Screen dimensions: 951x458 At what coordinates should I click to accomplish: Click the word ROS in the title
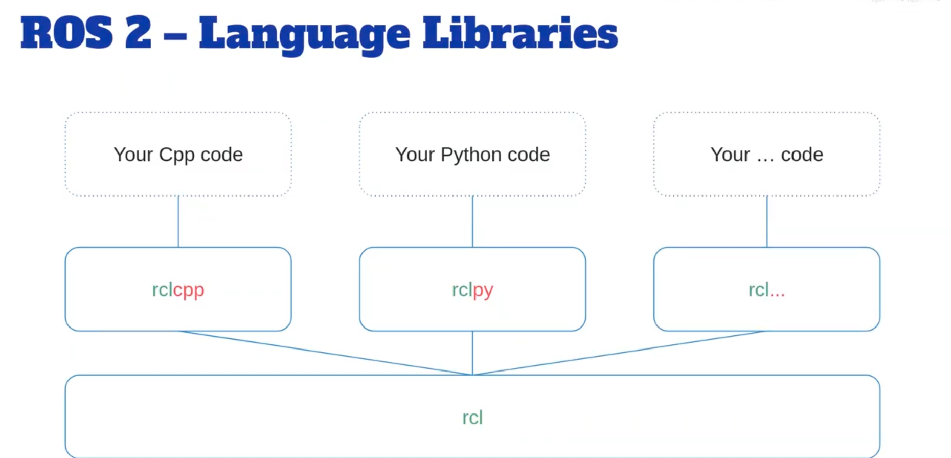66,33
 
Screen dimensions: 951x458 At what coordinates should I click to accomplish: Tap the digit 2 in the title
138,33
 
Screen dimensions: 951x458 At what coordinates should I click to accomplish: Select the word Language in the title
304,35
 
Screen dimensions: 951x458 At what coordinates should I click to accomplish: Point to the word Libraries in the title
520,33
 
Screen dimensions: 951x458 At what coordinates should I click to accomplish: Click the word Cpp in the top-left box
176,155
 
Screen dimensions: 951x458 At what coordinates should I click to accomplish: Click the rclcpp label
178,290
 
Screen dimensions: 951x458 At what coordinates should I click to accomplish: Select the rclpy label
472,290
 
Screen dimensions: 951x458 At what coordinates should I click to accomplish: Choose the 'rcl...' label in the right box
766,290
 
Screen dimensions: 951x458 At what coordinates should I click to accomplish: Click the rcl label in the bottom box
472,418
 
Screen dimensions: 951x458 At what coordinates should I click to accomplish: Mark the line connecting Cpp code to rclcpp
178,222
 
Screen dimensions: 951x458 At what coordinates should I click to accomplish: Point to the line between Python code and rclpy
472,222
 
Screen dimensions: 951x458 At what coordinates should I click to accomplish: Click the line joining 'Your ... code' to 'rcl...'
767,222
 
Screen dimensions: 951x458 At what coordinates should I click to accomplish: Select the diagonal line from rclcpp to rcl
325,353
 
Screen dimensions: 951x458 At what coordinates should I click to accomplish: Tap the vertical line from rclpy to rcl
472,353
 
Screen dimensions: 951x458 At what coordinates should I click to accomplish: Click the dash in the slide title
175,36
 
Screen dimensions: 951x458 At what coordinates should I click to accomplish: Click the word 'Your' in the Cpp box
133,155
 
